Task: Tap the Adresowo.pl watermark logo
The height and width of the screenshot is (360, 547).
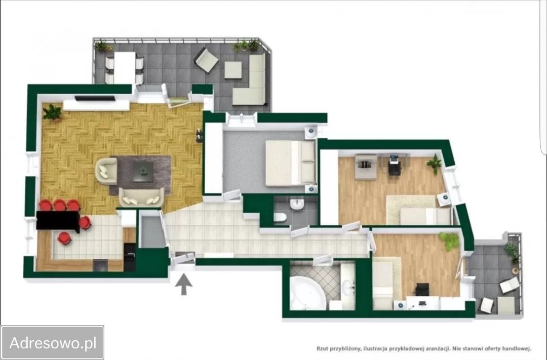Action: (52, 343)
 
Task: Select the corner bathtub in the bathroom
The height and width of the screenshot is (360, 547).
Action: (307, 293)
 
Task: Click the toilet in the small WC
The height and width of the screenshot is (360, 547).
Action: (280, 217)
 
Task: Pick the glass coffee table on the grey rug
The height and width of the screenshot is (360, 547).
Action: (142, 172)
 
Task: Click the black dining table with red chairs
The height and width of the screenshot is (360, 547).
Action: (58, 220)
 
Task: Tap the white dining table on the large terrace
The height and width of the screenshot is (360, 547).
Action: (125, 68)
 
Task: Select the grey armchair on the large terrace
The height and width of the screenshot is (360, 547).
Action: (207, 60)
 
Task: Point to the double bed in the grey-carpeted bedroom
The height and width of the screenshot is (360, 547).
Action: (291, 163)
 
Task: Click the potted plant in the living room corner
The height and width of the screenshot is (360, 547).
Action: (52, 112)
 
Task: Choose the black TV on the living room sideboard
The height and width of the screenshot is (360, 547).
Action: (95, 98)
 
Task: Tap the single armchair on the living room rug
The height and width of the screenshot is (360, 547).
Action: (107, 171)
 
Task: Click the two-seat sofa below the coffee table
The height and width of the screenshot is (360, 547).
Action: (141, 197)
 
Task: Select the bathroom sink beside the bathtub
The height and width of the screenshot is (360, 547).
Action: (347, 287)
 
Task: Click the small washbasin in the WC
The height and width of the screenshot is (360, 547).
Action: (297, 204)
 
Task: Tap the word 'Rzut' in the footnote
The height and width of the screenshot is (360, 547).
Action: (322, 348)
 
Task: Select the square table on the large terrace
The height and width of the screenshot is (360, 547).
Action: (233, 70)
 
